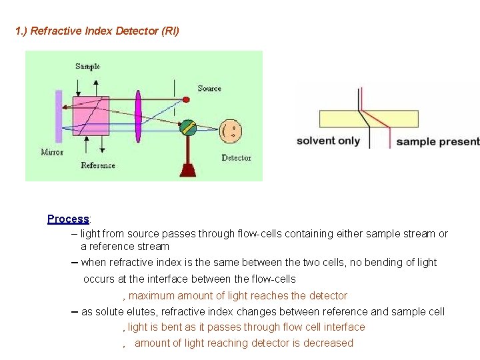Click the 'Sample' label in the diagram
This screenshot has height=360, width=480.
click(87, 66)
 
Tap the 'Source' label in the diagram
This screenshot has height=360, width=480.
click(209, 89)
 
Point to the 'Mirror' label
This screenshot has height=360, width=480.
click(52, 153)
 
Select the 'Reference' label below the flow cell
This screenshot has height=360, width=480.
click(98, 165)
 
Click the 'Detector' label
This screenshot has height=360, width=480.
click(236, 158)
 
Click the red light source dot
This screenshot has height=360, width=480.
click(186, 99)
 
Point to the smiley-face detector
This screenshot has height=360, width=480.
click(231, 129)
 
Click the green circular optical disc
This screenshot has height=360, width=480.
click(188, 127)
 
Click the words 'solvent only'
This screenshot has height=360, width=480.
click(328, 141)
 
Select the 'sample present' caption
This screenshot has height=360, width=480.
click(437, 141)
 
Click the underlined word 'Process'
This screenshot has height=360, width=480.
click(68, 219)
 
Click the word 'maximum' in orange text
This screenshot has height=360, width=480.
click(151, 295)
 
